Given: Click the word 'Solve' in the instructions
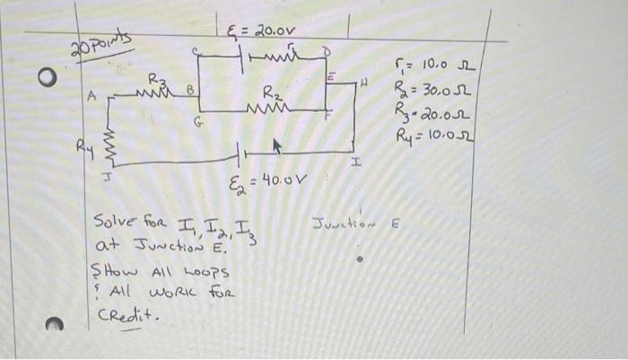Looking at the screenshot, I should (x=113, y=224).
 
